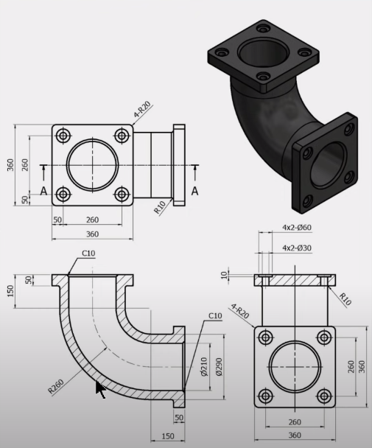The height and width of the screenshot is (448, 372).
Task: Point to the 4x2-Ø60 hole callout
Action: click(x=297, y=228)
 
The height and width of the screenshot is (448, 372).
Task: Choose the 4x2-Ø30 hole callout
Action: click(x=297, y=248)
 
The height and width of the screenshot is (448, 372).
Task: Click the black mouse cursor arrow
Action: click(x=100, y=389)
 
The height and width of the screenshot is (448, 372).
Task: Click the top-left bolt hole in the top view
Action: click(x=63, y=136)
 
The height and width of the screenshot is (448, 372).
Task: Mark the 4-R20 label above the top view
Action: click(x=142, y=111)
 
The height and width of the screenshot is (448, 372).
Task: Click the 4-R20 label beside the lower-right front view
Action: click(x=241, y=312)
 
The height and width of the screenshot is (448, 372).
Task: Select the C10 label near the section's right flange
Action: click(x=214, y=316)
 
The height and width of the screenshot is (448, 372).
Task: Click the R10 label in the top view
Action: click(x=160, y=208)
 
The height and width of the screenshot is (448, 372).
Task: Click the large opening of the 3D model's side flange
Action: click(x=329, y=166)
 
